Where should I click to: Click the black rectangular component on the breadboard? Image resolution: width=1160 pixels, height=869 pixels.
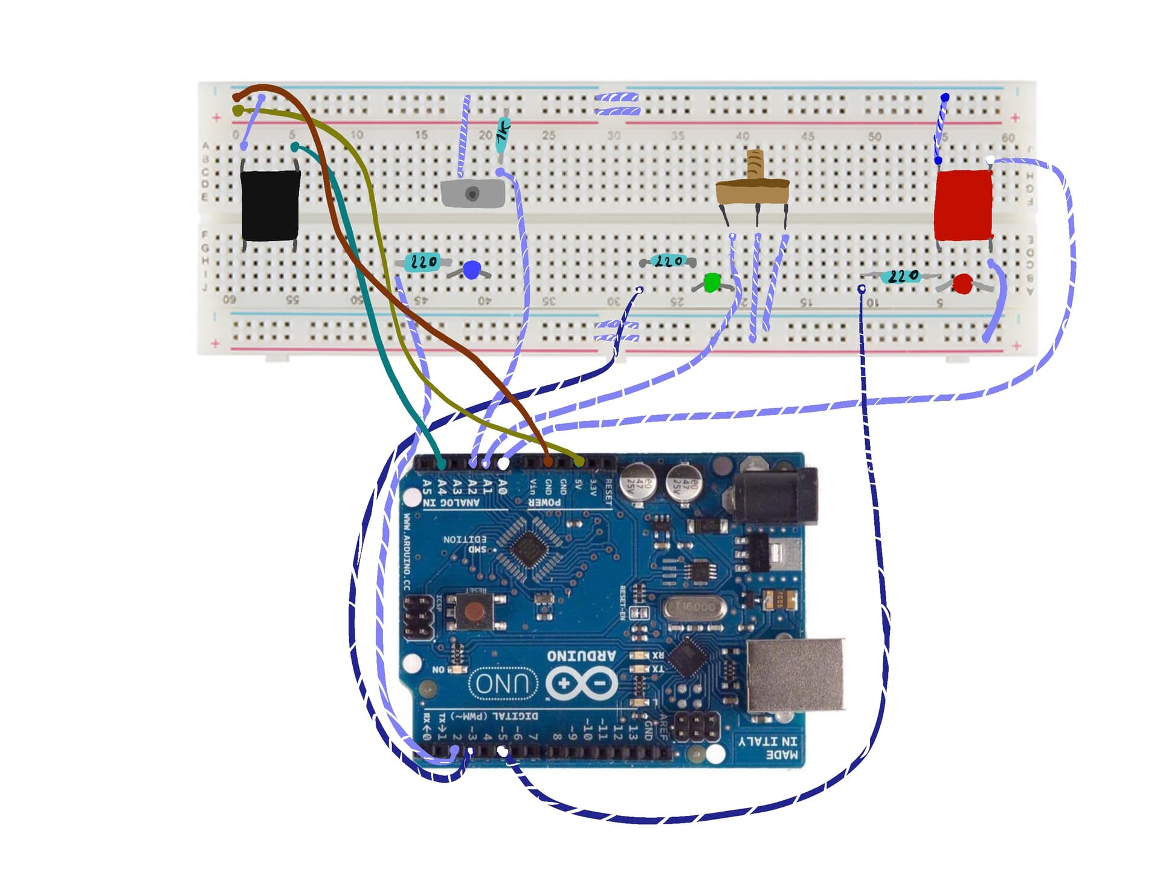tap(270, 205)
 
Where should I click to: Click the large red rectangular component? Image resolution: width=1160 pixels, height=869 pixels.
tap(963, 205)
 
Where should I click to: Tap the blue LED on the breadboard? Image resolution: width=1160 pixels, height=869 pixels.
tap(471, 270)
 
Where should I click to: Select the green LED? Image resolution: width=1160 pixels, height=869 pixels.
tap(712, 283)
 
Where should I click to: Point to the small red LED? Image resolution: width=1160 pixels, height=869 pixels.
tap(962, 284)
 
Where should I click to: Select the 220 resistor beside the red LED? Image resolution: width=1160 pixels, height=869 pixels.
tap(900, 277)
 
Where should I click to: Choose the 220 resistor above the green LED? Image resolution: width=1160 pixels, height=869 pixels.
tap(668, 261)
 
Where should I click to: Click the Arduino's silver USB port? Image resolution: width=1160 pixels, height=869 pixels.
tap(795, 675)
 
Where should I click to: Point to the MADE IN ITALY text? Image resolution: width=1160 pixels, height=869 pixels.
tap(767, 748)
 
